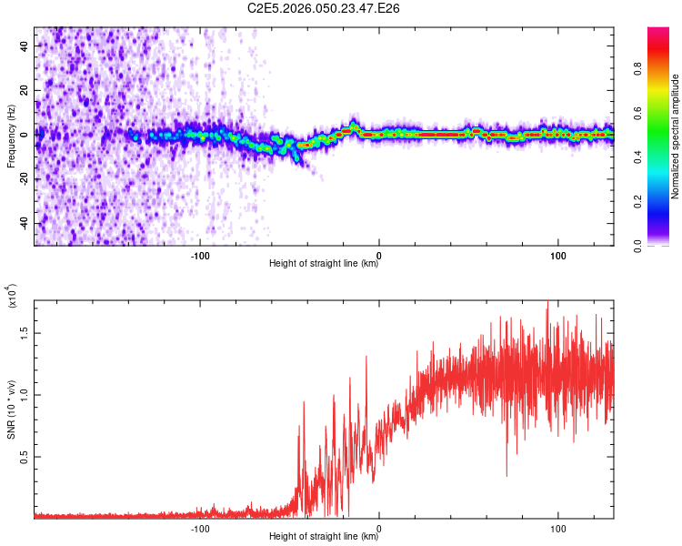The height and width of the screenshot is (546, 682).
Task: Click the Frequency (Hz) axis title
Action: [x=12, y=136]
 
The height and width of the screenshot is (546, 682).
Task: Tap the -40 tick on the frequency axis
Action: [x=24, y=223]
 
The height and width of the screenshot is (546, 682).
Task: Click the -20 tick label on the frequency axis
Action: [x=24, y=178]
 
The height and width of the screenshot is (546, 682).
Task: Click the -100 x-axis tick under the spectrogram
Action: [x=200, y=254]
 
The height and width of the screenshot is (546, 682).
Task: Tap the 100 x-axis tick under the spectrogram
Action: [x=557, y=254]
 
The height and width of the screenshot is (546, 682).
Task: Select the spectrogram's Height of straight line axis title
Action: [x=324, y=264]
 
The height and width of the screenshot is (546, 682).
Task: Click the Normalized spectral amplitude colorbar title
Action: [x=676, y=136]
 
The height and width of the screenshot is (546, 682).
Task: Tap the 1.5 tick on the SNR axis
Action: [x=25, y=332]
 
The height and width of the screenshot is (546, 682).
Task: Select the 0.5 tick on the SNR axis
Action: [x=25, y=456]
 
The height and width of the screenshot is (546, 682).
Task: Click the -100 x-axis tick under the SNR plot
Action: [x=200, y=527]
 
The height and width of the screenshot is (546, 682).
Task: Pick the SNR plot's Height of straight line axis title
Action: [x=324, y=537]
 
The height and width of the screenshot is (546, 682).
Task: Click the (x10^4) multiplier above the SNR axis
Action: [x=12, y=296]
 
